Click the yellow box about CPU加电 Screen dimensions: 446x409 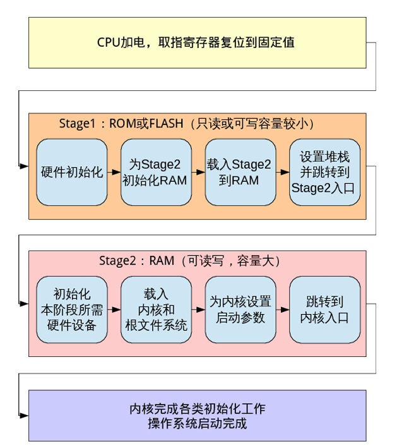coord(197,42)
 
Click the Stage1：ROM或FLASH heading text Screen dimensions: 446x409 coord(187,123)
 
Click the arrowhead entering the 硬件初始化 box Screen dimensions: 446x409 coord(25,166)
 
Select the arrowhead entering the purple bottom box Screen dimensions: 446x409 coord(25,415)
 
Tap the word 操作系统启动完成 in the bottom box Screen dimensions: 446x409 coord(197,423)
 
